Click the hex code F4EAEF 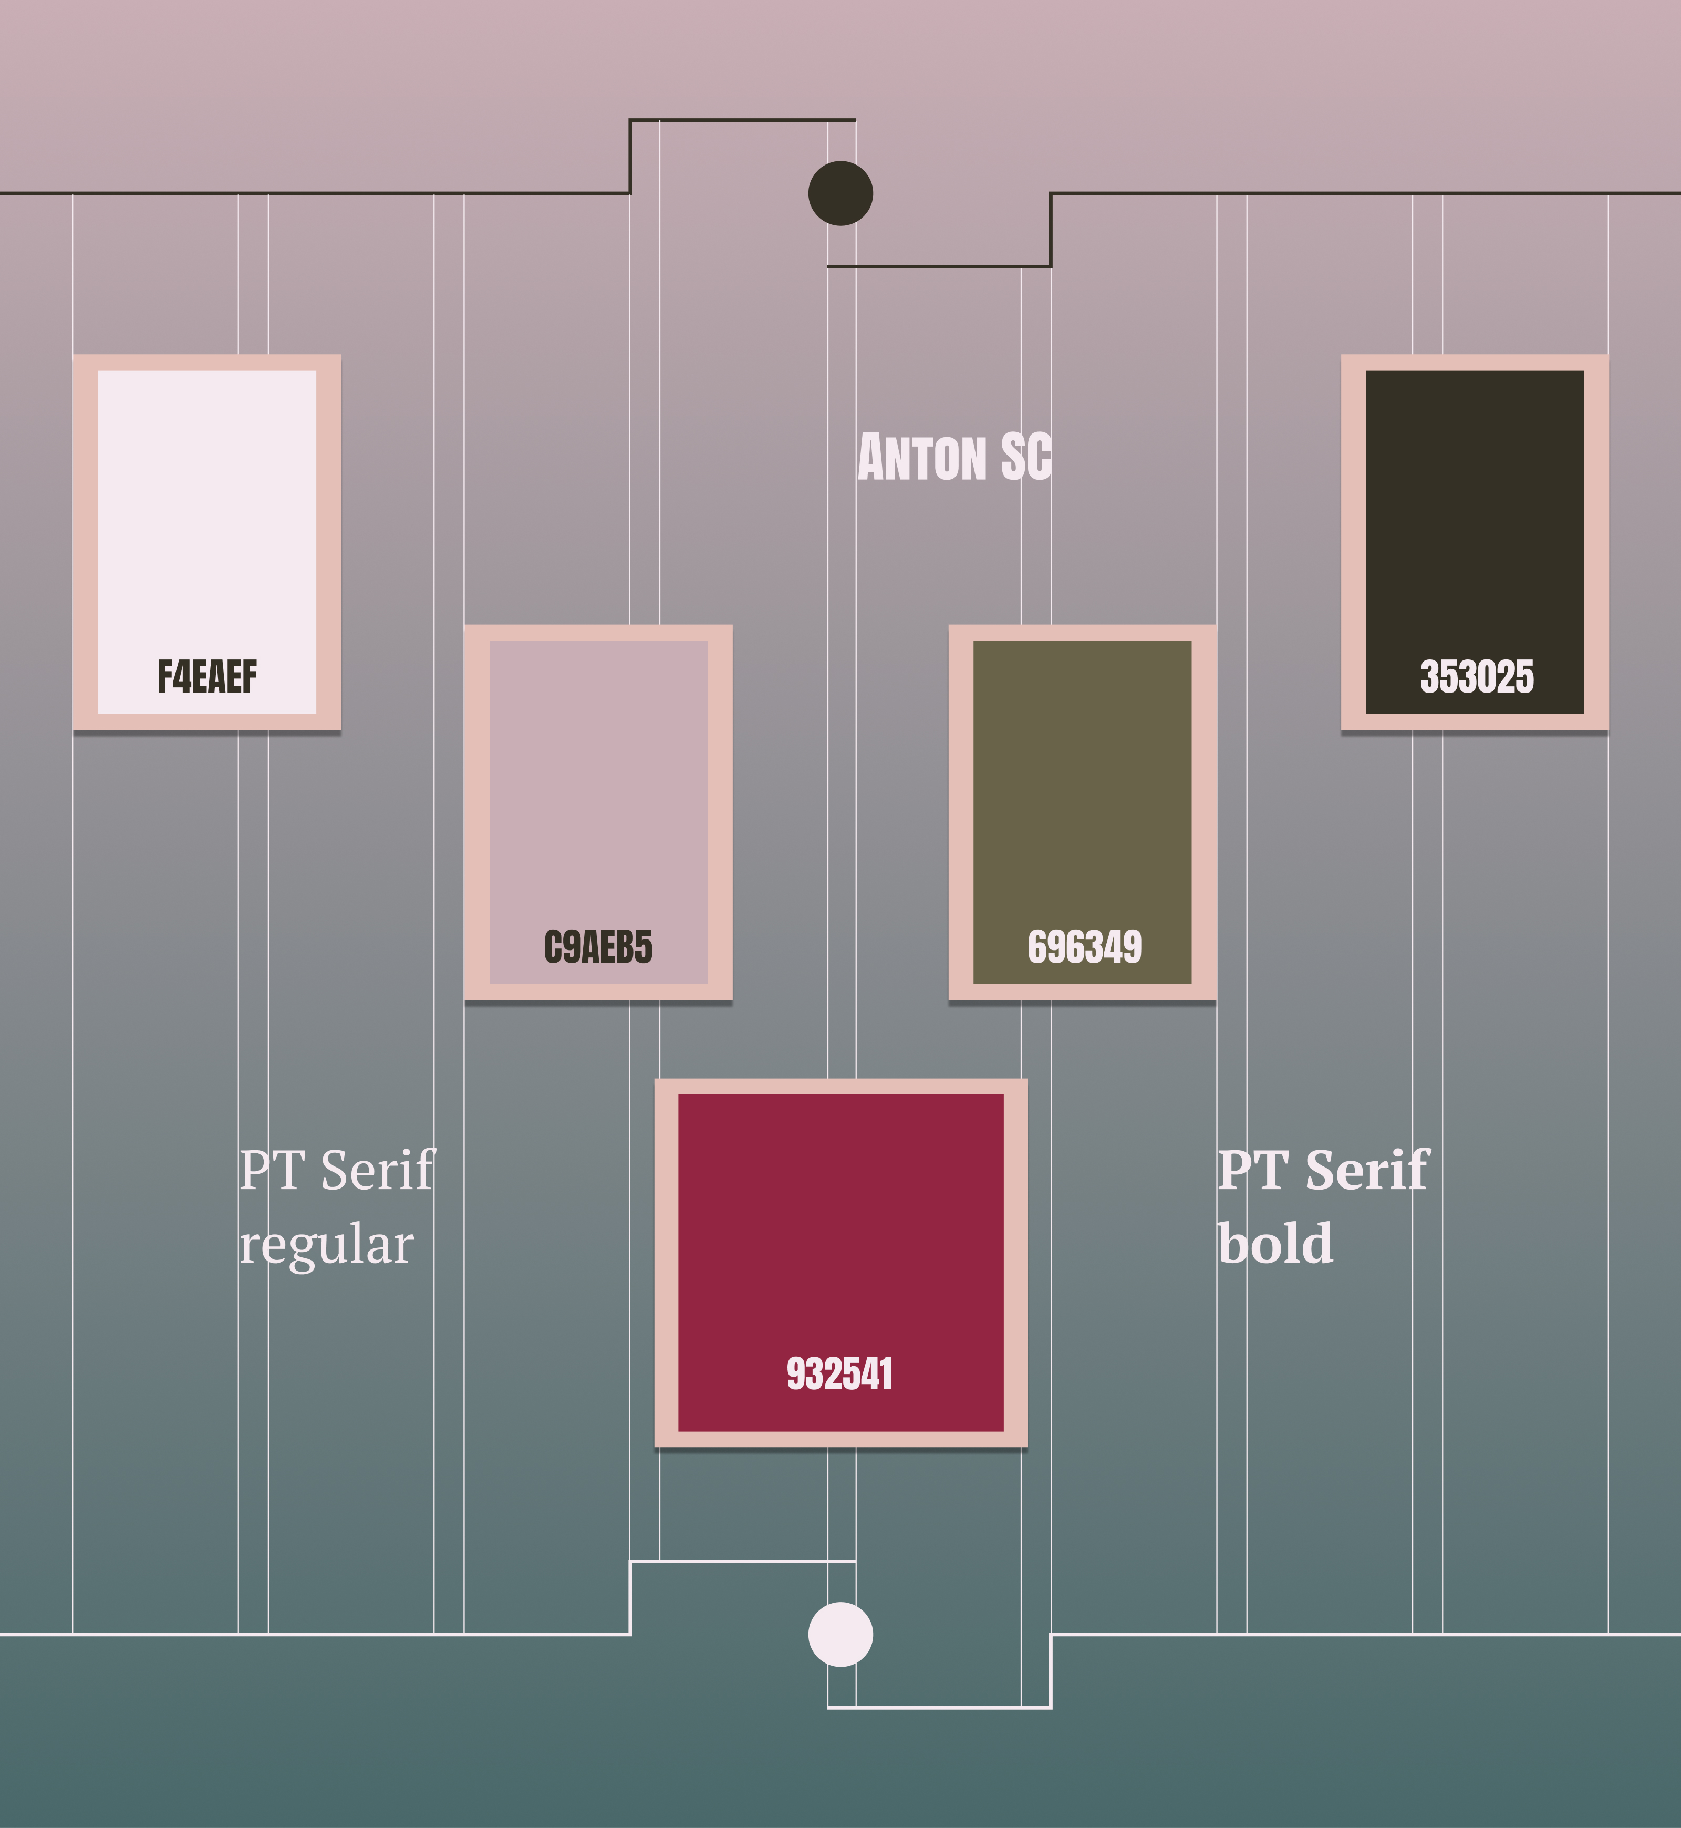point(207,677)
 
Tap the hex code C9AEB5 point(598,947)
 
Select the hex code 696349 point(1084,947)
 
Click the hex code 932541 point(839,1374)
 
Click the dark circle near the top point(840,193)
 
